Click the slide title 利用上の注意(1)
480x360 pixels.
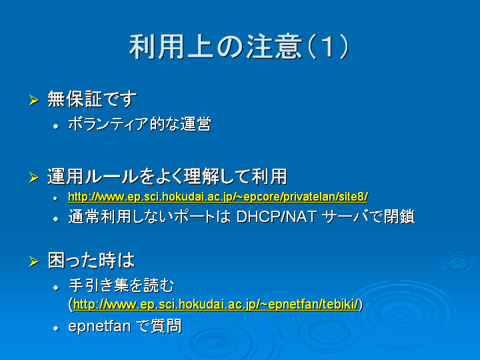click(x=239, y=47)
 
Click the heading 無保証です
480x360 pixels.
click(x=92, y=99)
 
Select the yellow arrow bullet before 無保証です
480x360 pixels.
click(x=33, y=100)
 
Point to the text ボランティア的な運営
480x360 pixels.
click(x=139, y=124)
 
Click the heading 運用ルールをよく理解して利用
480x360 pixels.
click(x=167, y=176)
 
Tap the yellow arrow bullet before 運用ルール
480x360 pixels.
click(x=33, y=177)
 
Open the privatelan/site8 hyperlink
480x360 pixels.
click(x=217, y=197)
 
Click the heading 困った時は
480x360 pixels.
click(x=91, y=261)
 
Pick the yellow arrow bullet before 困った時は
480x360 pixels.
click(x=33, y=262)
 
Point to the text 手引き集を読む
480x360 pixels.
click(x=121, y=285)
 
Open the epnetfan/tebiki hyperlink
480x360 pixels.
click(x=216, y=305)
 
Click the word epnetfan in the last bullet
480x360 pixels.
click(x=99, y=326)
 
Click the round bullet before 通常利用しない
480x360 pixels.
click(x=56, y=219)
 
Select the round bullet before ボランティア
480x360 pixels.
click(x=56, y=126)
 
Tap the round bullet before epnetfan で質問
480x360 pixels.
click(x=56, y=329)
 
